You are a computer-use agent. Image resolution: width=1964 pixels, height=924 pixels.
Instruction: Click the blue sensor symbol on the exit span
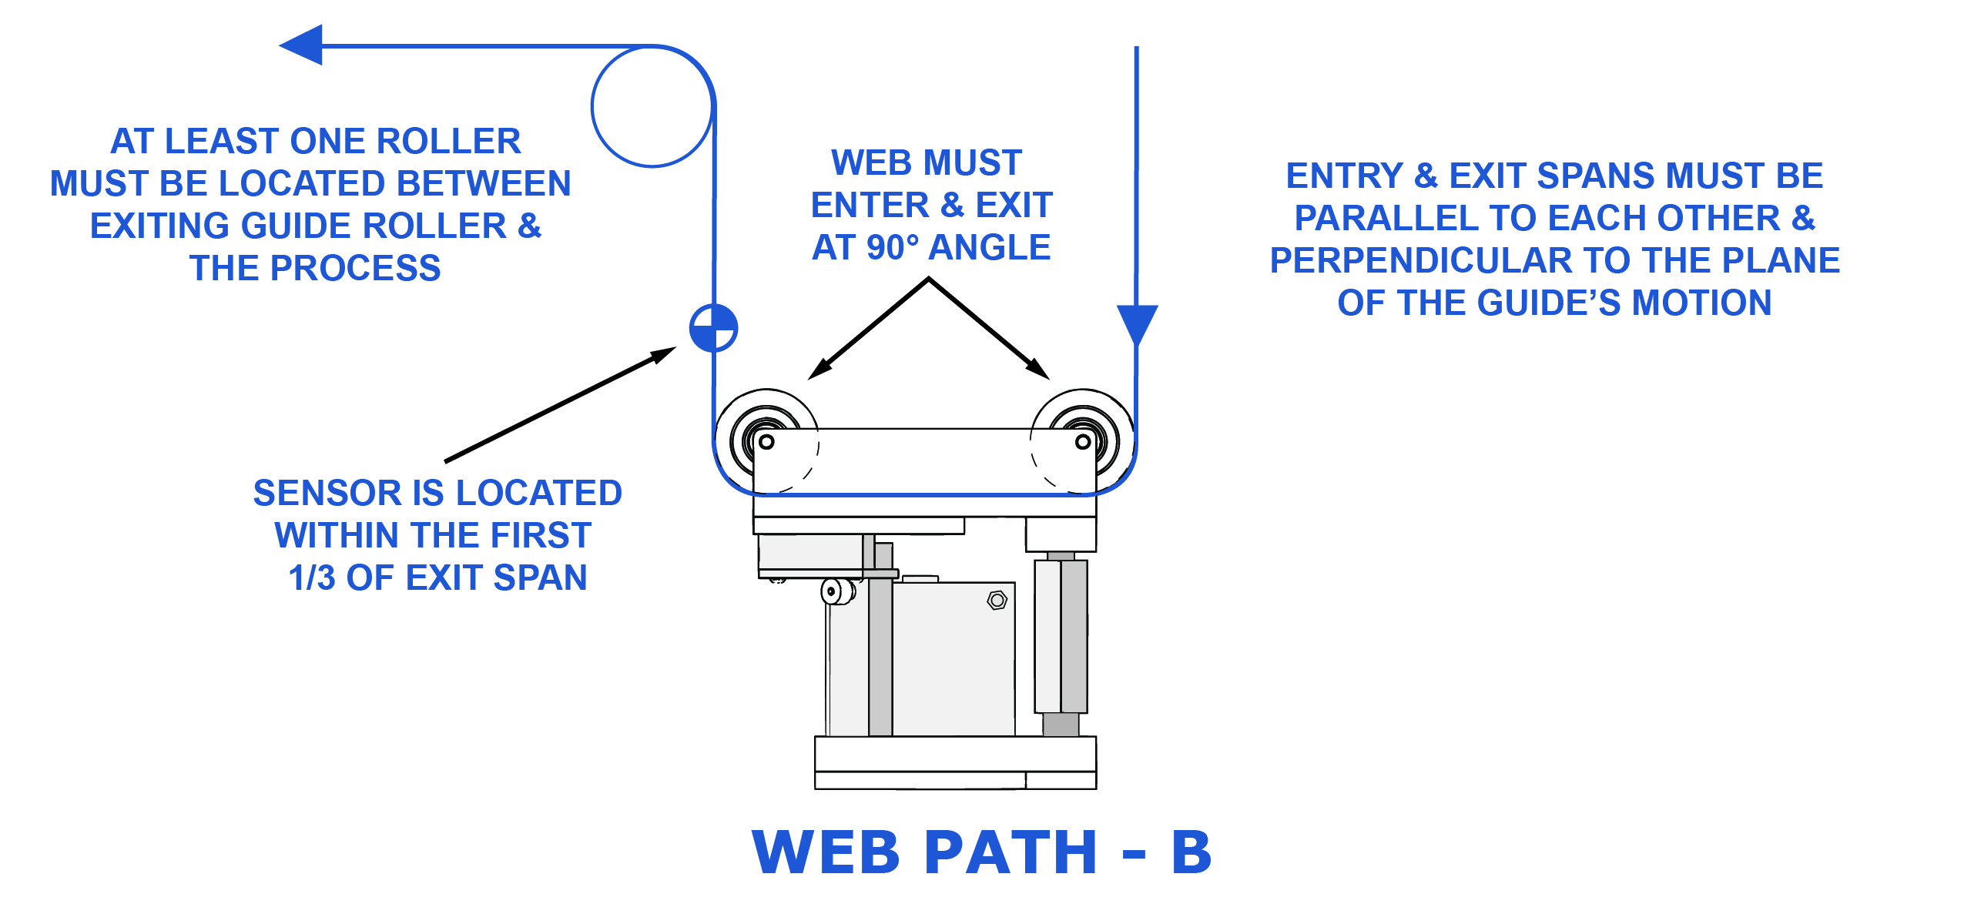tap(713, 328)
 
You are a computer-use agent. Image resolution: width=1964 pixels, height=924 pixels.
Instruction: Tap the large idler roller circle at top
tap(652, 106)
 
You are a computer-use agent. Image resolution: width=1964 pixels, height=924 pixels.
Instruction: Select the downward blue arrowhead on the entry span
tap(1137, 323)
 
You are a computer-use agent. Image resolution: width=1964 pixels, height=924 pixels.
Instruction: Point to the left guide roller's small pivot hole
tap(766, 442)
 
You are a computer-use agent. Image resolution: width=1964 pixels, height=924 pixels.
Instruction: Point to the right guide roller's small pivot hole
tap(1083, 442)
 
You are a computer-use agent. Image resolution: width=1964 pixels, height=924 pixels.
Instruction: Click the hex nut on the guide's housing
tap(997, 600)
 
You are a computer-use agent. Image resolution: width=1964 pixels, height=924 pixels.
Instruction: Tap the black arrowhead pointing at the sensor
tap(664, 354)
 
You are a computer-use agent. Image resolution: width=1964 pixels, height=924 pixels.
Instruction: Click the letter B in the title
tap(1191, 852)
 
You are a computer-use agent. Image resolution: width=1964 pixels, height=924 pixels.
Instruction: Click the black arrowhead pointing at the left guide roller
tap(819, 369)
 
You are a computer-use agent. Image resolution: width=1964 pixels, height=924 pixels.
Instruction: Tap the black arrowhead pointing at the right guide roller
tap(1039, 369)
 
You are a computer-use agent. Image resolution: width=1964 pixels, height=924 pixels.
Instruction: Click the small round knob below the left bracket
tap(833, 591)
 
